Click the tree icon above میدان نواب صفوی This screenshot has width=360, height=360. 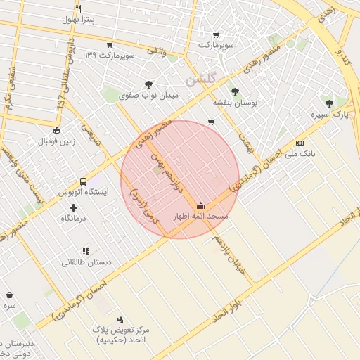pyautogui.click(x=148, y=84)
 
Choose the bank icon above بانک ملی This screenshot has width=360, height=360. pyautogui.click(x=301, y=142)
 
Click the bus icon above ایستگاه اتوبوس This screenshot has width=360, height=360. pyautogui.click(x=84, y=181)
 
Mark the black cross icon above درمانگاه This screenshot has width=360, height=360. pyautogui.click(x=73, y=207)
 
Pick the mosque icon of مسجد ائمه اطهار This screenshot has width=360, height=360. pyautogui.click(x=202, y=206)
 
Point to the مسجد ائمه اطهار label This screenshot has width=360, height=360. pyautogui.click(x=202, y=217)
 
